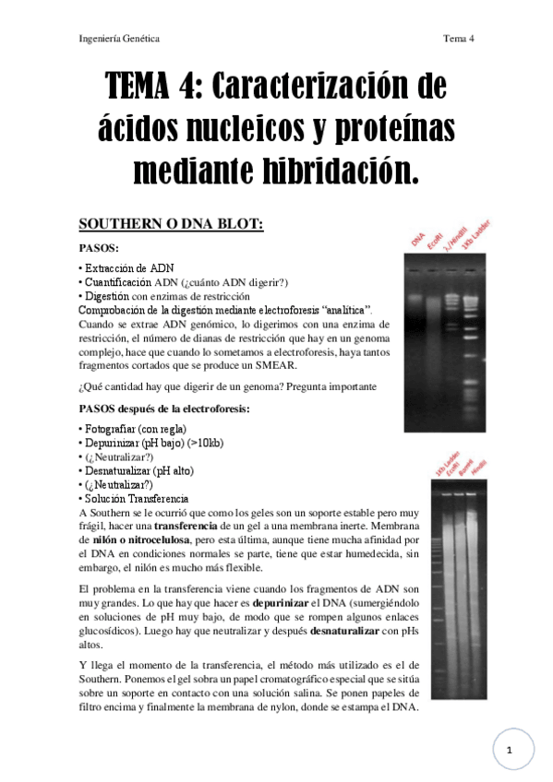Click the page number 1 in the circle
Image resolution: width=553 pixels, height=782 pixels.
tap(509, 751)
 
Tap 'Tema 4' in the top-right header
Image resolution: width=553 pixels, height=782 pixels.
tap(458, 39)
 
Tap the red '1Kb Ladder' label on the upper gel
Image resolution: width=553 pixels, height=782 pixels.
tap(471, 239)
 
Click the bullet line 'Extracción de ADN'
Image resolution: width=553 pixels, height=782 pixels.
tap(127, 267)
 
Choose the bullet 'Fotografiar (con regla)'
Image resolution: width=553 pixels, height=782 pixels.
tap(134, 429)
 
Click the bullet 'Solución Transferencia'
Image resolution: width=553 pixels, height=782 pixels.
tap(136, 498)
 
